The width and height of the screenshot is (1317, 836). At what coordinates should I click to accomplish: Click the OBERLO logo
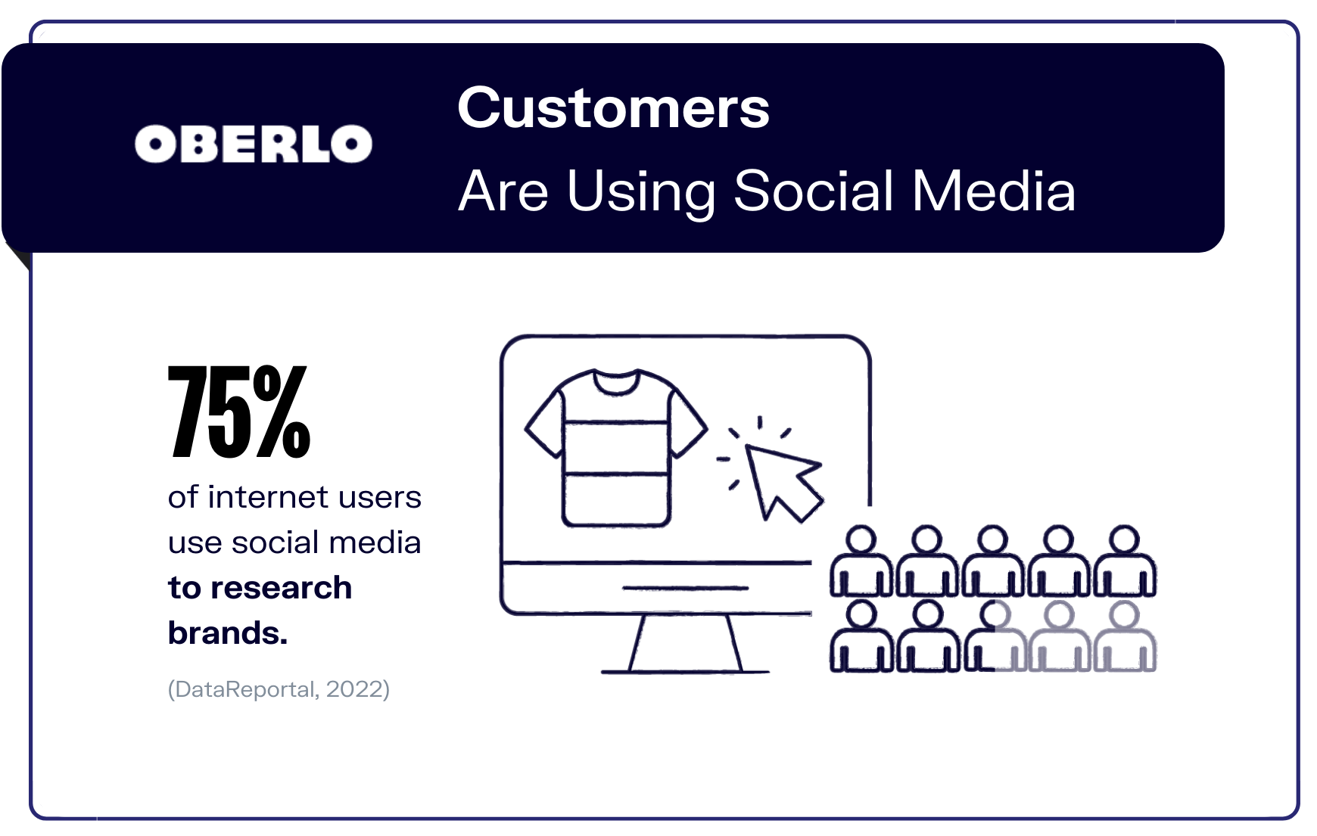254,144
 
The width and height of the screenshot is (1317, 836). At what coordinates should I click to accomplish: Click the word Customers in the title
614,107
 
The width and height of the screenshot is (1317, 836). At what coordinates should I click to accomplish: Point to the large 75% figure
239,412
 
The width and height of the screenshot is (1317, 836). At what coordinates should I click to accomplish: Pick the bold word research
281,588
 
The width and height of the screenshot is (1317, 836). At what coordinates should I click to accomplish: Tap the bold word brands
228,633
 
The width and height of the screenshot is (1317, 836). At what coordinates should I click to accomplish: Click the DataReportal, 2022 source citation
279,689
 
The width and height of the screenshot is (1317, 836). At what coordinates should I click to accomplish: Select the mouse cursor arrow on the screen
783,481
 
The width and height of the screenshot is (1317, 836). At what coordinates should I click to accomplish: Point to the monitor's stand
685,644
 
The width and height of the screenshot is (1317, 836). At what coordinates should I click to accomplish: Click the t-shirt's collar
616,381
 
